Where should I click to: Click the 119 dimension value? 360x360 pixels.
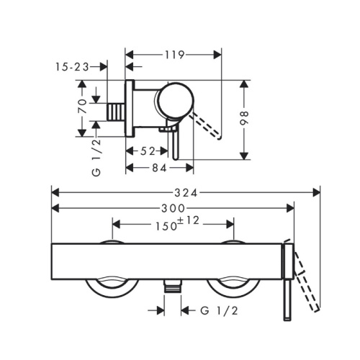point(174,55)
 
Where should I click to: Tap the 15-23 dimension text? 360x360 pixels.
point(72,67)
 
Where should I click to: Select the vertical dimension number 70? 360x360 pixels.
point(83,106)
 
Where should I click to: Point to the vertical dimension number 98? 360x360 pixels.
point(244,118)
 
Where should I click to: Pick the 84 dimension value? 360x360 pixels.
point(159,168)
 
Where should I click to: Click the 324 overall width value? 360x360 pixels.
point(186,193)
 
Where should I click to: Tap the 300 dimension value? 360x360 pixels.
point(173,208)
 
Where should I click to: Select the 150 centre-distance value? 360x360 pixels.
point(166,226)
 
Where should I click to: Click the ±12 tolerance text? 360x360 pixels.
point(189,220)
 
